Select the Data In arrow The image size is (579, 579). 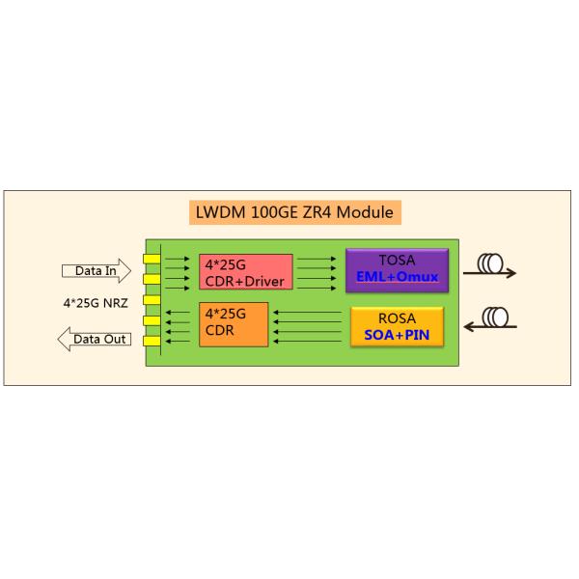(x=96, y=271)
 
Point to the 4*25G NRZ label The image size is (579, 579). (x=95, y=304)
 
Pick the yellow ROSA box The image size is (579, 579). (x=398, y=326)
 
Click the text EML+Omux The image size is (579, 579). (x=398, y=277)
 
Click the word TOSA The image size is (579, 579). (x=398, y=260)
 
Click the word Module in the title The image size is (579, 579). (x=362, y=211)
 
